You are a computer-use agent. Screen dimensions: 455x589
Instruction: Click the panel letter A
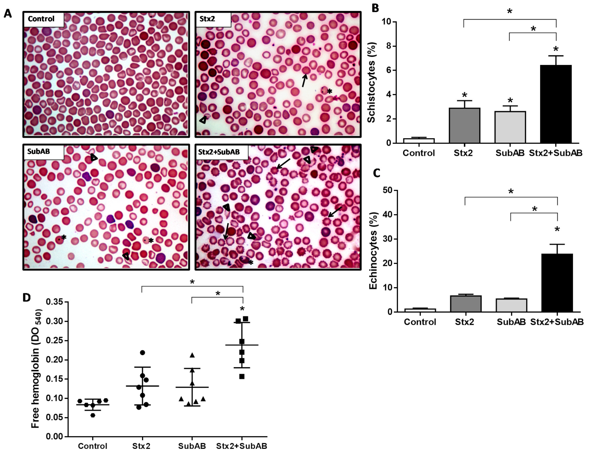pos(8,13)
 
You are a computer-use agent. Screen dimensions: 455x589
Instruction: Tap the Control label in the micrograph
pos(41,19)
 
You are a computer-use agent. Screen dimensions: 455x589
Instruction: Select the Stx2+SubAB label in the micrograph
pos(219,152)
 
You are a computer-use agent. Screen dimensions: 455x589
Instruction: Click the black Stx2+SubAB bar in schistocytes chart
pos(556,104)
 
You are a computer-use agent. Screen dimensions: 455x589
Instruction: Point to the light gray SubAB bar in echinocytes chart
pos(511,305)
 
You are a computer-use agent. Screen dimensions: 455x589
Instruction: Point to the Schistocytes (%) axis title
pos(371,82)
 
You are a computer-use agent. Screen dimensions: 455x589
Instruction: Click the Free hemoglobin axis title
pos(36,368)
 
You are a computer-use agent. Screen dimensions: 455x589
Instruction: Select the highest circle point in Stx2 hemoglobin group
pos(142,353)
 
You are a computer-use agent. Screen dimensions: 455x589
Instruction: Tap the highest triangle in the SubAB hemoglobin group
pos(192,355)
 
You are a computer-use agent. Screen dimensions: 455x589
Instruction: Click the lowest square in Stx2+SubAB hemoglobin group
pos(242,377)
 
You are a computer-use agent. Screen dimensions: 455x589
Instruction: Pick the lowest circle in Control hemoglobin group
pos(93,415)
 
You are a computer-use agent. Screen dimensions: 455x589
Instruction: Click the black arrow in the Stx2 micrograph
pos(304,80)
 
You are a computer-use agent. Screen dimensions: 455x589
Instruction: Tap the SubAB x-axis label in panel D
pos(192,446)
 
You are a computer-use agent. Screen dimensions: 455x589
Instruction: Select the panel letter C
pos(376,173)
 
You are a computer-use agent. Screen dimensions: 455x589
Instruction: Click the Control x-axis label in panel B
pos(418,153)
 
